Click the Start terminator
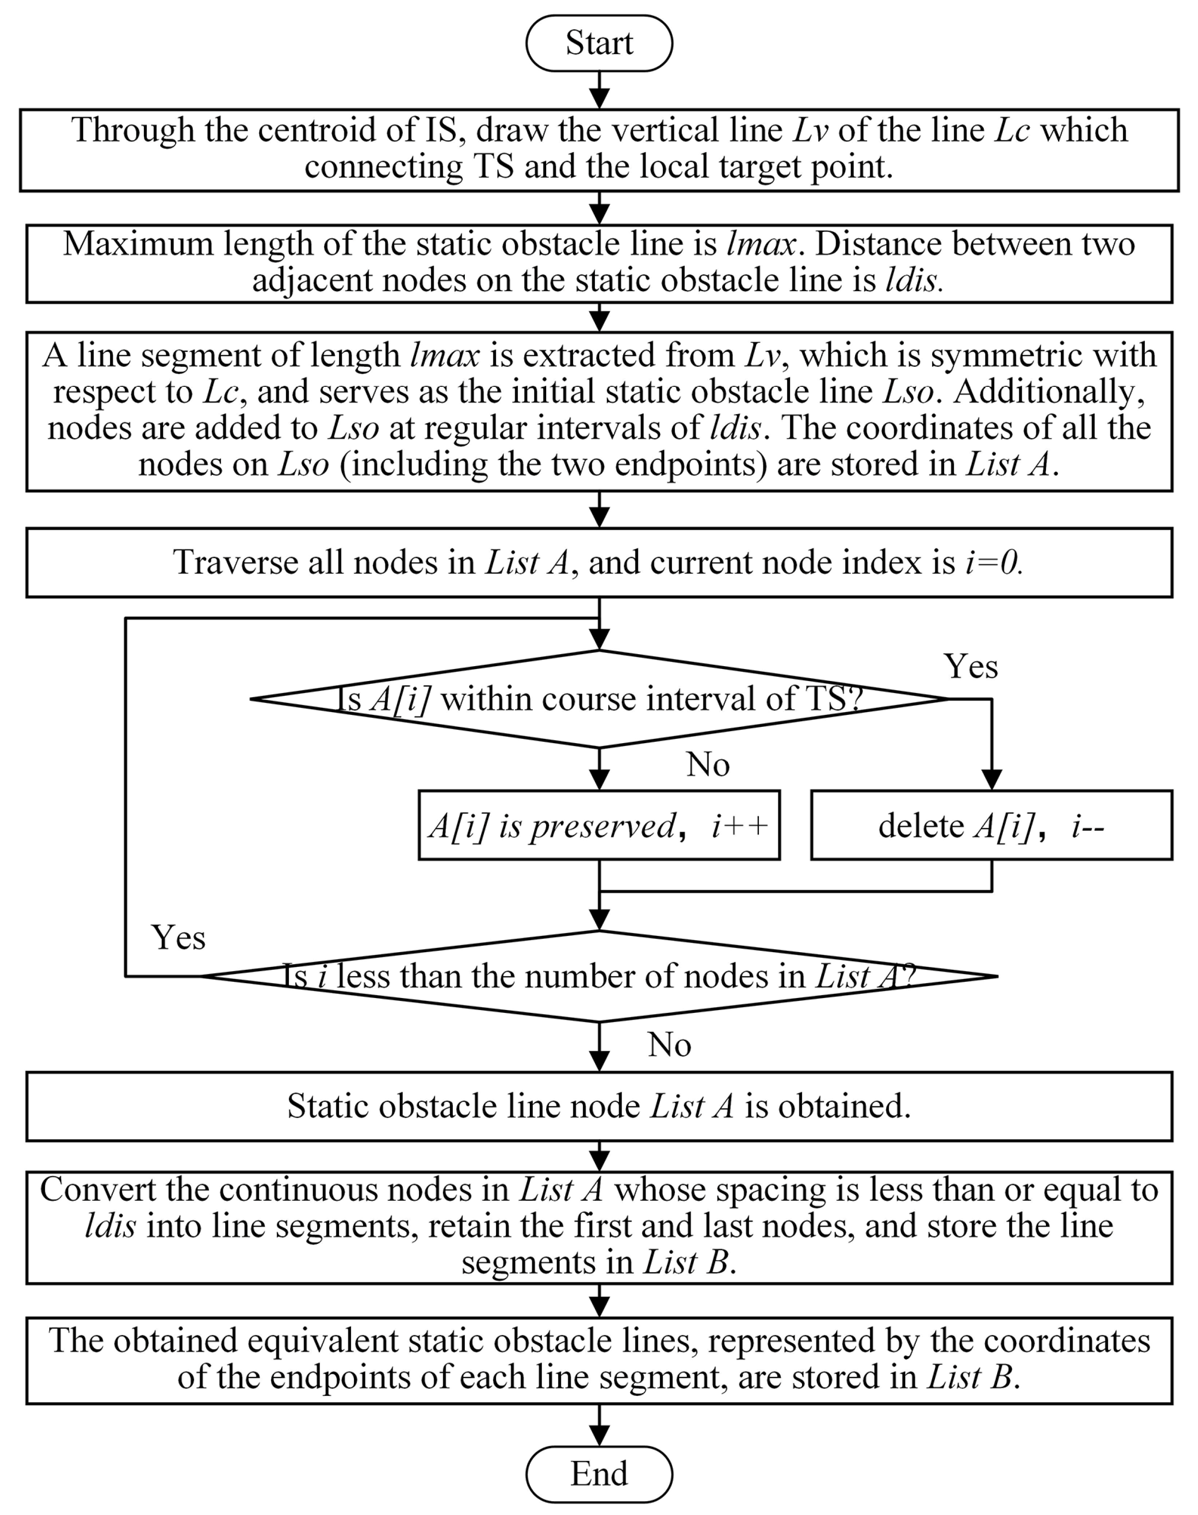point(599,43)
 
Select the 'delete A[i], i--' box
point(991,825)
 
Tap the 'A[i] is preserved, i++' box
point(599,825)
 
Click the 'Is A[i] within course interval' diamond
point(599,699)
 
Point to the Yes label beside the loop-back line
point(178,938)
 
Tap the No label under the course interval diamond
point(708,765)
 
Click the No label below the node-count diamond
point(669,1045)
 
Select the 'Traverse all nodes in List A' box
point(599,562)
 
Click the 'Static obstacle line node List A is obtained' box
point(599,1106)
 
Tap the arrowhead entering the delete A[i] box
point(991,780)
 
